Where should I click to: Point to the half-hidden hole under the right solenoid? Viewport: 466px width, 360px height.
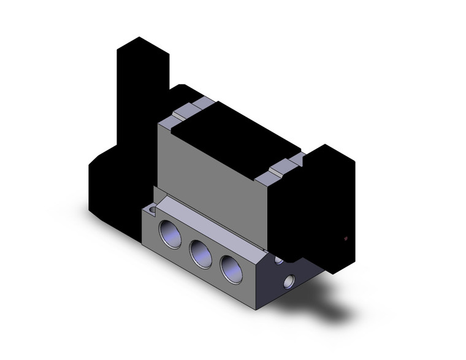(x=280, y=260)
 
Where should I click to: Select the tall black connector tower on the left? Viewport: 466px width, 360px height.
(x=142, y=92)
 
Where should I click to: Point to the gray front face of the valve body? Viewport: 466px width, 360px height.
(x=208, y=172)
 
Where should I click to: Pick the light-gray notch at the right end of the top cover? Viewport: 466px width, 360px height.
(x=280, y=166)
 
